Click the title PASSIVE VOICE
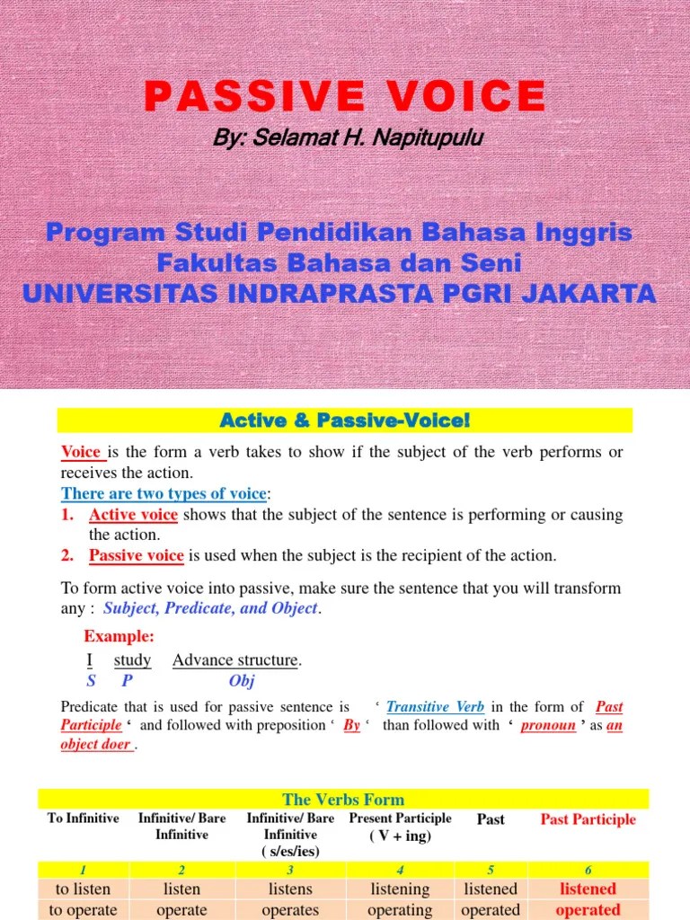(x=345, y=95)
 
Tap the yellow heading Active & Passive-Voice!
(x=345, y=420)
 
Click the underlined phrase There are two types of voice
(x=164, y=493)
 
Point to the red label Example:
(x=119, y=636)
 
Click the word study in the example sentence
(x=133, y=660)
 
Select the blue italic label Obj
(x=242, y=681)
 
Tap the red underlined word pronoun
(x=548, y=725)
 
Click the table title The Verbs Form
(x=343, y=799)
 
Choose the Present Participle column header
(x=400, y=818)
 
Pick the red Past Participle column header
(x=588, y=819)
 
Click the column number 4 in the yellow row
(x=400, y=870)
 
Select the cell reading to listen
(x=83, y=889)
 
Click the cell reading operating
(x=400, y=909)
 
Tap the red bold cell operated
(x=588, y=909)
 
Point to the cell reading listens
(x=290, y=889)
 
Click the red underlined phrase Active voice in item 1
(x=133, y=515)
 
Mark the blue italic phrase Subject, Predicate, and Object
(x=210, y=608)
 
